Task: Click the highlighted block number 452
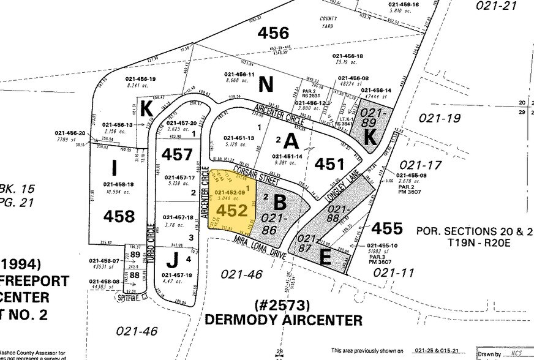pyautogui.click(x=230, y=210)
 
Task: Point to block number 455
pyautogui.click(x=386, y=228)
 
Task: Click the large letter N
pyautogui.click(x=265, y=84)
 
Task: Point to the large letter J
pyautogui.click(x=173, y=260)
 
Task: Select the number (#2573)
pyautogui.click(x=282, y=304)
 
